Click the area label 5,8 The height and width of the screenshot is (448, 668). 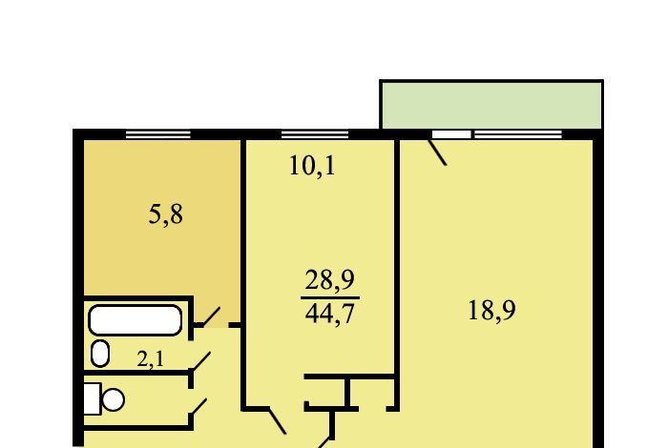[166, 214]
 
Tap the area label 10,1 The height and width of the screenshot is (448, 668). [312, 166]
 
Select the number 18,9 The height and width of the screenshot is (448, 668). [491, 310]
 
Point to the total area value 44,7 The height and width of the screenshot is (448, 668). [330, 314]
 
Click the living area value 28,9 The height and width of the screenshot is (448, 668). [330, 280]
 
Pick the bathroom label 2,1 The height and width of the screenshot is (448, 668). [151, 359]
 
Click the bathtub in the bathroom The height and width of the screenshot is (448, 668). [136, 320]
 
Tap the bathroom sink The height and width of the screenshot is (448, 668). [100, 353]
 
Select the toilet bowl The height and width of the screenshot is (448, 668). [114, 399]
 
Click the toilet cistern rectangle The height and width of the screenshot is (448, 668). [93, 398]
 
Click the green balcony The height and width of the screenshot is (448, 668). [491, 105]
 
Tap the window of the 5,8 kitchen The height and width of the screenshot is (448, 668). [158, 134]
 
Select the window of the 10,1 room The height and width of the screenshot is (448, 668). [315, 134]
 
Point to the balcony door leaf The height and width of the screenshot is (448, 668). [437, 152]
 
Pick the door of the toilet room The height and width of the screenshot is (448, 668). [198, 407]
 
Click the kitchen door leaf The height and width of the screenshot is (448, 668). [207, 317]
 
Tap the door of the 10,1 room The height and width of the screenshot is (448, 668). [278, 420]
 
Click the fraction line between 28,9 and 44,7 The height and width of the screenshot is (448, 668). [330, 297]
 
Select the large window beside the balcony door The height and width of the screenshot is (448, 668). [518, 134]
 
